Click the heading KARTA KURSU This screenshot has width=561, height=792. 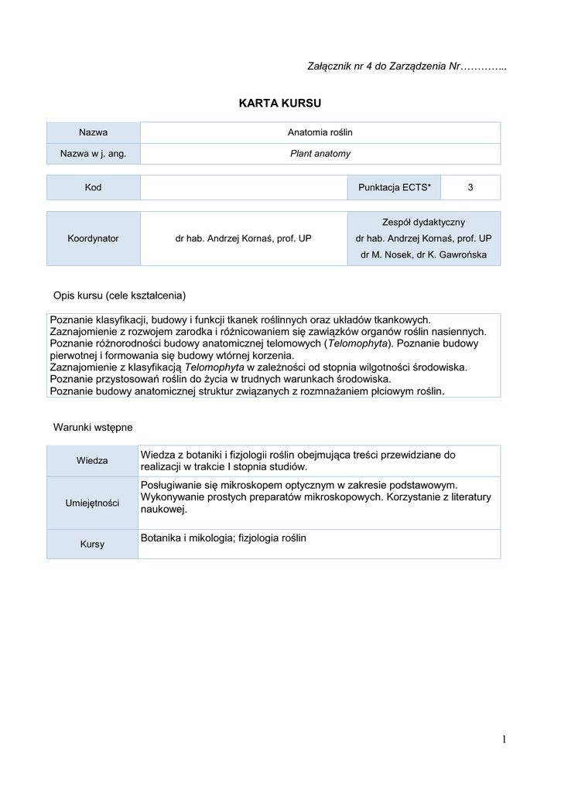coord(280,103)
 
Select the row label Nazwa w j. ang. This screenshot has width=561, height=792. coord(93,154)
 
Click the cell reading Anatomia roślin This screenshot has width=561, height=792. coord(320,132)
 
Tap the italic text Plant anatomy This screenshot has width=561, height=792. coord(320,154)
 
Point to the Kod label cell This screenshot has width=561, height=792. coord(93,188)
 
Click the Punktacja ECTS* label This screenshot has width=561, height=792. coord(395,188)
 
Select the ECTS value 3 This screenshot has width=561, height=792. coord(470,188)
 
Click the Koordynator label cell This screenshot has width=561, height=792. coord(93,238)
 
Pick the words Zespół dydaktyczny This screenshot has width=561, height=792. coord(423,222)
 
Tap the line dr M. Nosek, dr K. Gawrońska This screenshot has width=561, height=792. coord(423,255)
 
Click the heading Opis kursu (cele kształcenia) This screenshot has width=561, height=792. coord(119,295)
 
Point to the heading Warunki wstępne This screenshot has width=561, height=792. coord(93,427)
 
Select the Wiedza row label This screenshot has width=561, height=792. coord(93,461)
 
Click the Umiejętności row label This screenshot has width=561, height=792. coord(93,504)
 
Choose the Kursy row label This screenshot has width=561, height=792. coord(93,544)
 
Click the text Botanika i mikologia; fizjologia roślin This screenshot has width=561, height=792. coord(224,538)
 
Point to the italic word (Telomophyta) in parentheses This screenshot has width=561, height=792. coord(359,343)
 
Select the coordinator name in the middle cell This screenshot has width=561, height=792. coord(243,238)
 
